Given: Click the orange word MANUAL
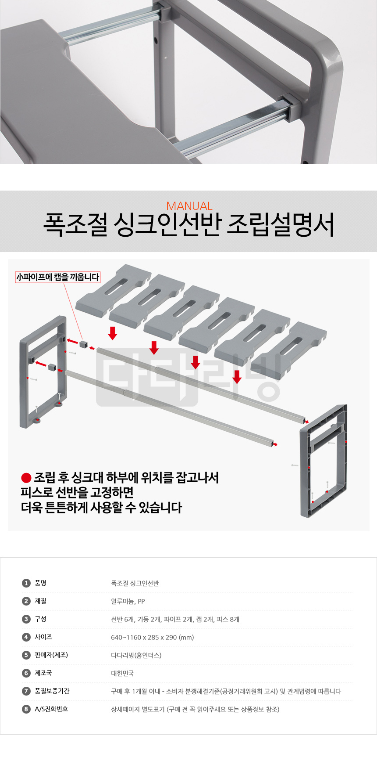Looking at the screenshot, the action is (x=189, y=206).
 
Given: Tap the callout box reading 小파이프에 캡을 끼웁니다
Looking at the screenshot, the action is (x=58, y=277).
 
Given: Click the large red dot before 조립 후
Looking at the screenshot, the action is (x=26, y=478).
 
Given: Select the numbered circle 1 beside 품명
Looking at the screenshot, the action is (x=26, y=583).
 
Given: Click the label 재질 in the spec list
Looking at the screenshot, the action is (x=40, y=601).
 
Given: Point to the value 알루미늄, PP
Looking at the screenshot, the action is (x=128, y=602).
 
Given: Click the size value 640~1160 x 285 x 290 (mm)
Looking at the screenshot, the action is (x=153, y=638).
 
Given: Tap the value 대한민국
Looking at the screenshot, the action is (x=123, y=674).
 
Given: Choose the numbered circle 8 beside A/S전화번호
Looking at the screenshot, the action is (x=26, y=709).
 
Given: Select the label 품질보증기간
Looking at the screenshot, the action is (x=52, y=691).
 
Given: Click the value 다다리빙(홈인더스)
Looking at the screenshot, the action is (x=136, y=656).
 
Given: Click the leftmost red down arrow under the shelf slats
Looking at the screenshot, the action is (x=113, y=333).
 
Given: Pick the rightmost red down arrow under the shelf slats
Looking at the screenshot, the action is (x=237, y=377).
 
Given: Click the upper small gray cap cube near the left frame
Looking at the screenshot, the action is (x=84, y=344).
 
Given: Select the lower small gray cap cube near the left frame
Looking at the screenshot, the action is (x=53, y=366).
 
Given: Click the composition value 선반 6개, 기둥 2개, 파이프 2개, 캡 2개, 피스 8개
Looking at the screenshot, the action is (x=175, y=620).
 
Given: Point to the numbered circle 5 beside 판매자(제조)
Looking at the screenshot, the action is (x=26, y=655).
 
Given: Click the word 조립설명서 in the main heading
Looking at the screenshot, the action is (x=281, y=225).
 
